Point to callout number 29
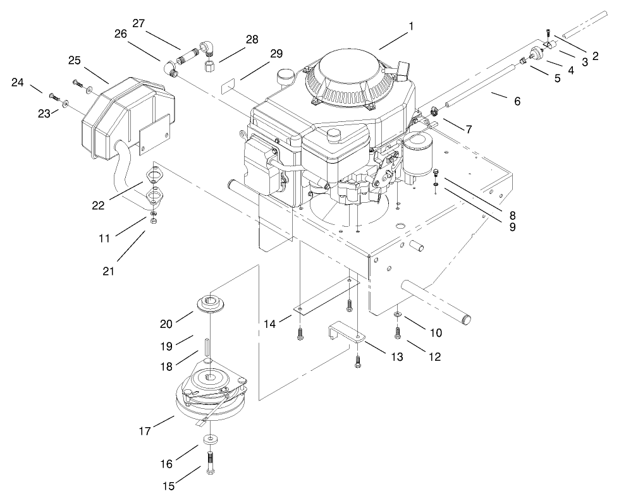pyautogui.click(x=276, y=55)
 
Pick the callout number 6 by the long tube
pyautogui.click(x=517, y=101)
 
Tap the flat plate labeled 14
pyautogui.click(x=326, y=297)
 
